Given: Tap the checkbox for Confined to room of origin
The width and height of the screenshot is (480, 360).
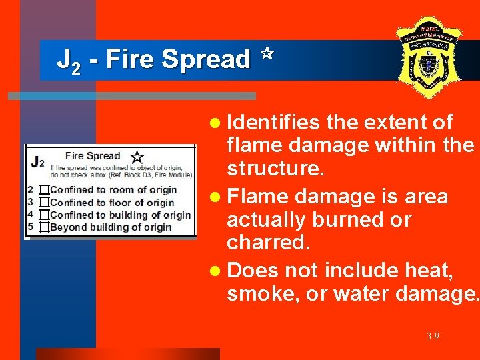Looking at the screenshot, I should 45,190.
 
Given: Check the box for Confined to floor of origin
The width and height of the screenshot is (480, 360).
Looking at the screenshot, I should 45,202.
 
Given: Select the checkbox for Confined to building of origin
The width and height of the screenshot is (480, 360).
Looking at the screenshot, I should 45,215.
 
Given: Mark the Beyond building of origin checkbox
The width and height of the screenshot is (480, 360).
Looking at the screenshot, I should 45,227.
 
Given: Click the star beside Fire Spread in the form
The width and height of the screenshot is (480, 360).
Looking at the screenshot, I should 137,157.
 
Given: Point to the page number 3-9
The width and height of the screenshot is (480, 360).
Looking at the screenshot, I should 433,336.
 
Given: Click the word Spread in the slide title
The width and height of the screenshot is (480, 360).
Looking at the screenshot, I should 205,59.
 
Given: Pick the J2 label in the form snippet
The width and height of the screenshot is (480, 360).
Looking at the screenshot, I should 37,161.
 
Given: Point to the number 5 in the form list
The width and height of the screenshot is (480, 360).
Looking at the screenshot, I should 30,227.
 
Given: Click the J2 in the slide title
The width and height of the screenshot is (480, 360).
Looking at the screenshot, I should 69,61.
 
